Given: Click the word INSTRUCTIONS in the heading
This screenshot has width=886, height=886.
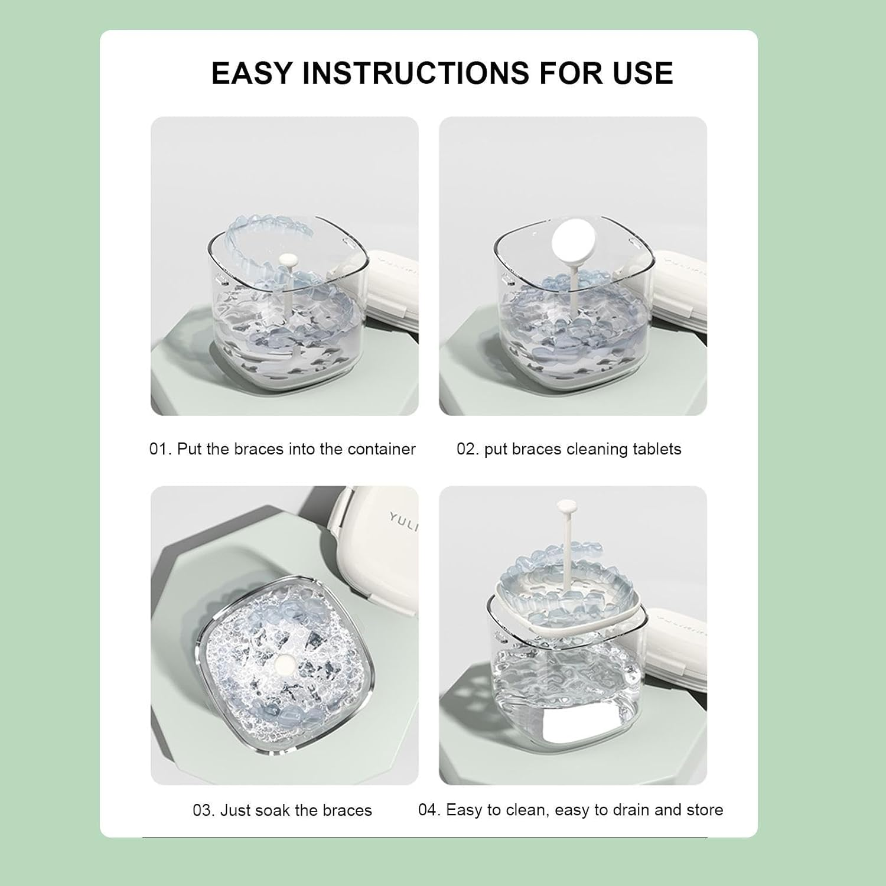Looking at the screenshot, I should pyautogui.click(x=416, y=73).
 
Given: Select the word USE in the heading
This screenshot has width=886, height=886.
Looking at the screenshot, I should pyautogui.click(x=643, y=73).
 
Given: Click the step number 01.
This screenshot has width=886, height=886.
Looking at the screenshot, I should pyautogui.click(x=159, y=449).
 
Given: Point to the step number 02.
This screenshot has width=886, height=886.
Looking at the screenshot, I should pyautogui.click(x=467, y=449).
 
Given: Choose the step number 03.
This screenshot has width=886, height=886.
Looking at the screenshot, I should pyautogui.click(x=203, y=810).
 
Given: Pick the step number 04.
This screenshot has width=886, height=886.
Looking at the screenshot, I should pyautogui.click(x=429, y=810).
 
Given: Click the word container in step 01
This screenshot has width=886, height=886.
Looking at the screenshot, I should pyautogui.click(x=382, y=449).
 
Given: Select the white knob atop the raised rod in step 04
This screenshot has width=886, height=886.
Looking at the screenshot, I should pyautogui.click(x=566, y=506).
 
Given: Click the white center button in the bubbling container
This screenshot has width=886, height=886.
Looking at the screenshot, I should pyautogui.click(x=286, y=664).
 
